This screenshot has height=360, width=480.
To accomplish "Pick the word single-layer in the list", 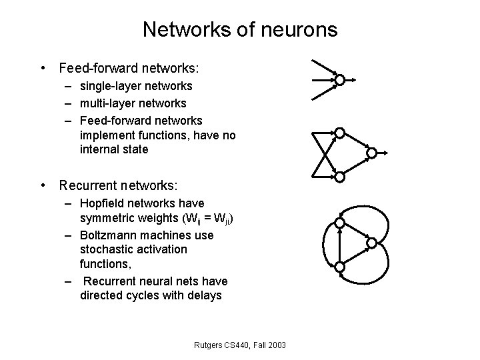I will [x=108, y=86].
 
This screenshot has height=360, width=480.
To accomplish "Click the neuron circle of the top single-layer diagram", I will [x=339, y=81].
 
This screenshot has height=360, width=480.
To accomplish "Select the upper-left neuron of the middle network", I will [x=339, y=133].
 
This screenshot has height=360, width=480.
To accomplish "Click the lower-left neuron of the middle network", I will [x=339, y=177].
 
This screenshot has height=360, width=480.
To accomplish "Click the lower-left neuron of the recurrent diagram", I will [x=339, y=267].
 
